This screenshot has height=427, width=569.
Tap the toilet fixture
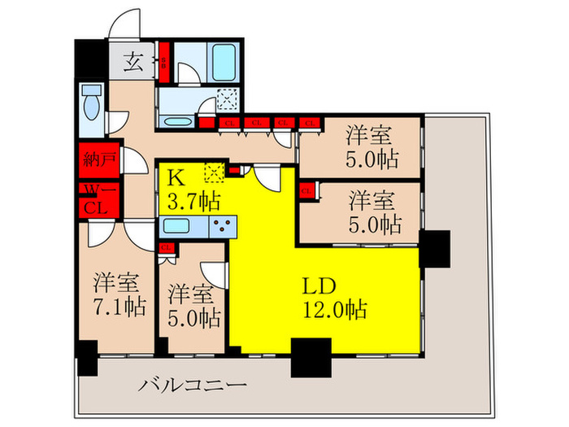pos(91,106)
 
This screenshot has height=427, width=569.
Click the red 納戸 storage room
pos(98,159)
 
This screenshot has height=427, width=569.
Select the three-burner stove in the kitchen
pos(224,225)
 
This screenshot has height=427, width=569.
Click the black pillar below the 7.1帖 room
pos(86,355)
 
